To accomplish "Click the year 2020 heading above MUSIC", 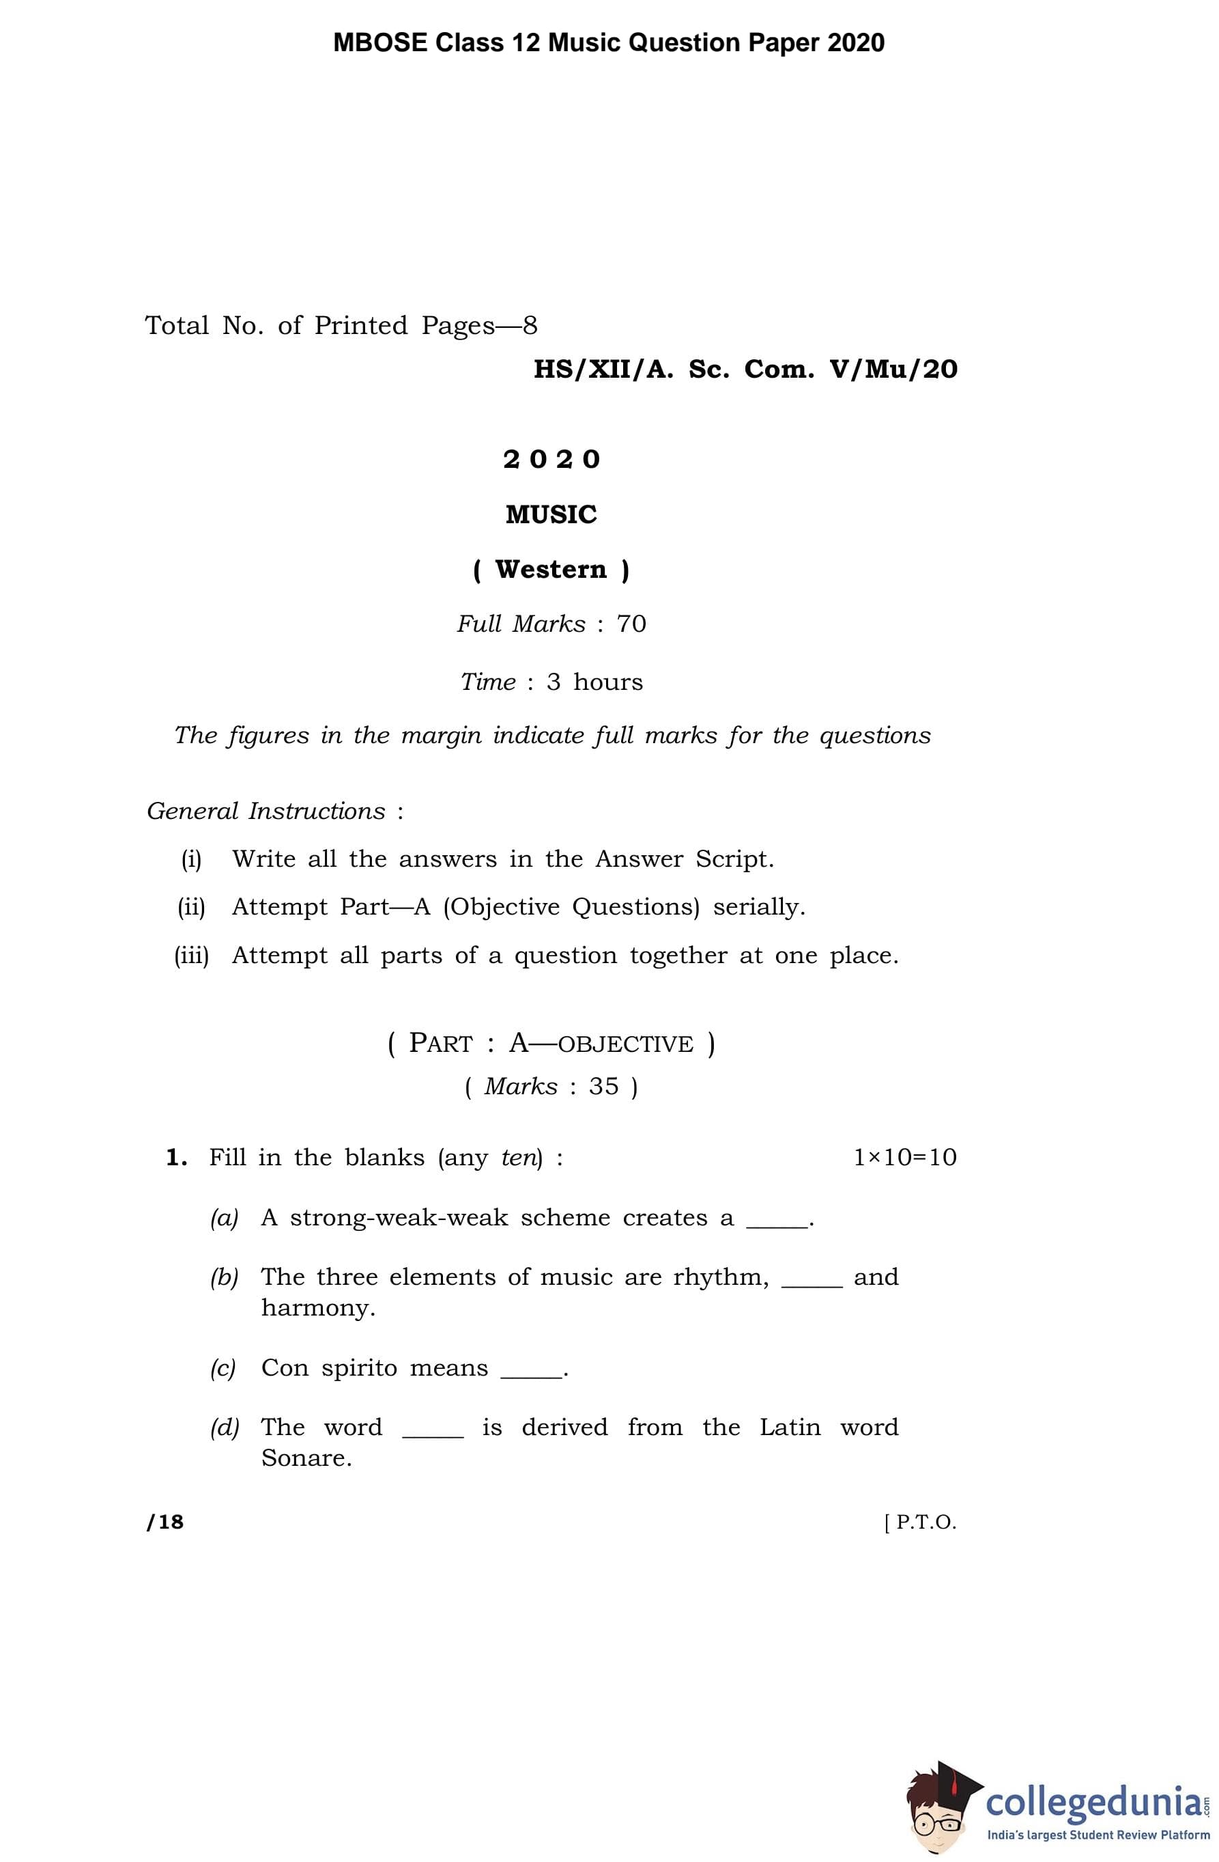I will pos(551,459).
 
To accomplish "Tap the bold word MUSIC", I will pos(551,515).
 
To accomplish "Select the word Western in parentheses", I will pos(551,570).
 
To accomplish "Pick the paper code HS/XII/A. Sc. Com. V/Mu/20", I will pos(745,370).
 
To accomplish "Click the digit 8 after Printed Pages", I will pos(530,325).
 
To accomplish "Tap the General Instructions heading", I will pos(267,811).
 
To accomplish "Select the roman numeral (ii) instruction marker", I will pos(192,908).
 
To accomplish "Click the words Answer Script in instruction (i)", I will pos(684,859).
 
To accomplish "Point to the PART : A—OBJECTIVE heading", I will pos(551,1044).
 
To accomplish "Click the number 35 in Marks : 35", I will pos(603,1087).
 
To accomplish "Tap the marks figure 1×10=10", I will pos(904,1157).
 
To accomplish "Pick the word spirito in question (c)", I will pos(360,1367).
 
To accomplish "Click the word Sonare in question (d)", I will pos(306,1458).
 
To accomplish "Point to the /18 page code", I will pos(165,1521).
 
